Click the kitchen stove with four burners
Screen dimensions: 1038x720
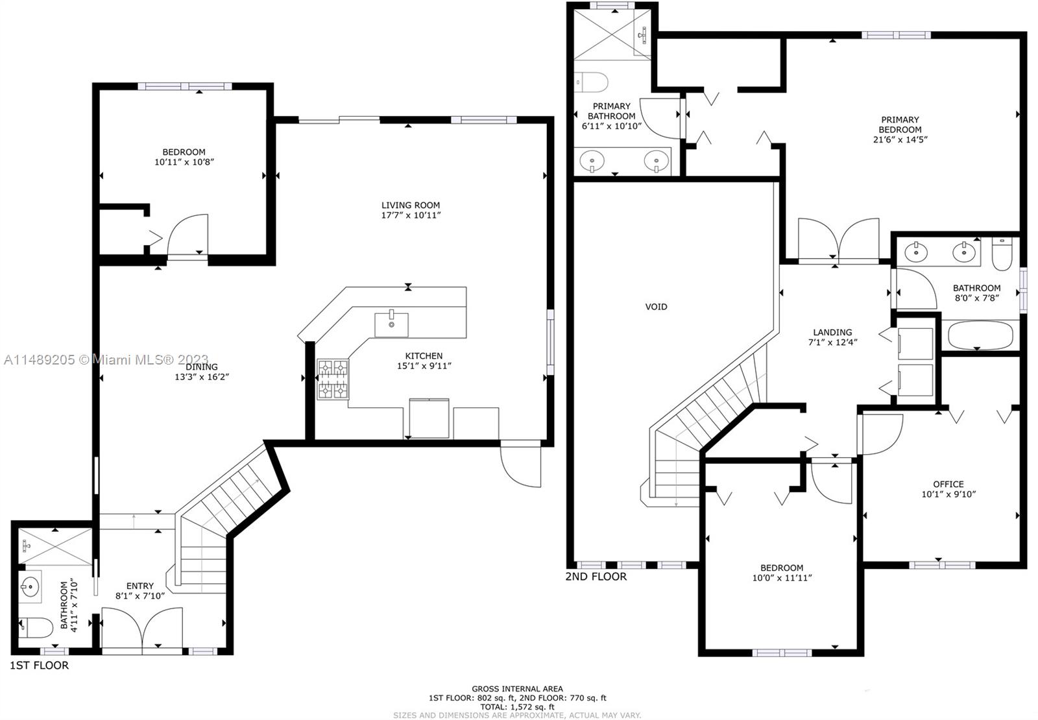pyautogui.click(x=333, y=379)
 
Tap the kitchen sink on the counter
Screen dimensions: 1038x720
pyautogui.click(x=392, y=325)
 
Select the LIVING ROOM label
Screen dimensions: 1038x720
pyautogui.click(x=411, y=205)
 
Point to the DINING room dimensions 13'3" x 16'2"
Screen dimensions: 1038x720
pyautogui.click(x=202, y=377)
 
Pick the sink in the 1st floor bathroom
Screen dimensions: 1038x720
pyautogui.click(x=30, y=587)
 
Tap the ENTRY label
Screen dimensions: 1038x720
pyautogui.click(x=140, y=586)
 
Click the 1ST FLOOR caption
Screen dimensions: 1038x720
pyautogui.click(x=40, y=666)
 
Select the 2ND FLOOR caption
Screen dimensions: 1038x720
pyautogui.click(x=596, y=577)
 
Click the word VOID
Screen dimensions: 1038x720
pyautogui.click(x=656, y=307)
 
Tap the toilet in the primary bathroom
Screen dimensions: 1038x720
pyautogui.click(x=591, y=82)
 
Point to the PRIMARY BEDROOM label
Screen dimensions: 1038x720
pyautogui.click(x=900, y=125)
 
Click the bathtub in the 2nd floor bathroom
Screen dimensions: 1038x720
pyautogui.click(x=980, y=335)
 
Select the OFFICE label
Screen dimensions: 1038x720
pyautogui.click(x=948, y=484)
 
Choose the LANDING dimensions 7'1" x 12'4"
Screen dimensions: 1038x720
pyautogui.click(x=833, y=342)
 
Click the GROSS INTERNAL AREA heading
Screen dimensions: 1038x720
pyautogui.click(x=517, y=689)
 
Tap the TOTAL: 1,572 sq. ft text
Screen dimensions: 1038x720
pyautogui.click(x=517, y=706)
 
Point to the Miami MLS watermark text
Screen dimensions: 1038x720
pyautogui.click(x=106, y=359)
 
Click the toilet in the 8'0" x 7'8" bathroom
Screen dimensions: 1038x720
pyautogui.click(x=1002, y=254)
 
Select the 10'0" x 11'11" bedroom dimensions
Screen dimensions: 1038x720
pyautogui.click(x=782, y=577)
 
